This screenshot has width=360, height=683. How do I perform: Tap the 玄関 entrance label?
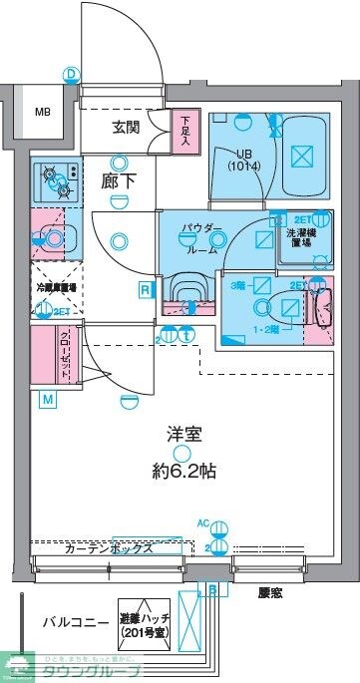click(126, 127)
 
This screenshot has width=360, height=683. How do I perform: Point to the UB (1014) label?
click(245, 159)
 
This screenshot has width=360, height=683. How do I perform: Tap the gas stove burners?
click(56, 180)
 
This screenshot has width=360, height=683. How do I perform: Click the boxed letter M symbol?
click(47, 401)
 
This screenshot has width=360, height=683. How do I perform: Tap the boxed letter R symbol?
click(146, 290)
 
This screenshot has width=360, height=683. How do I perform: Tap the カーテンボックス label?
click(108, 548)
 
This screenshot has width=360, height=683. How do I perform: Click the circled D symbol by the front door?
click(70, 74)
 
